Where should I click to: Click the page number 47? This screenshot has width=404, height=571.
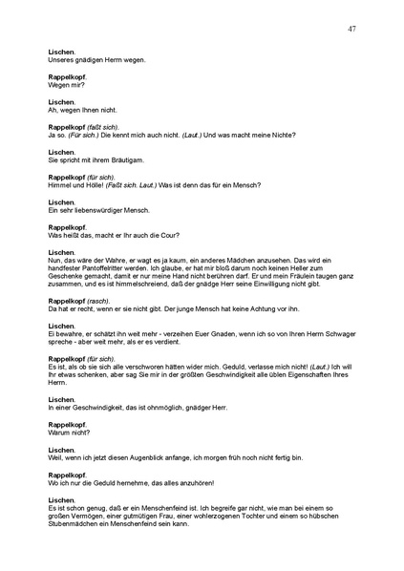tap(352, 29)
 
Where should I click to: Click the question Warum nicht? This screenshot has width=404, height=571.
tap(69, 433)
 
